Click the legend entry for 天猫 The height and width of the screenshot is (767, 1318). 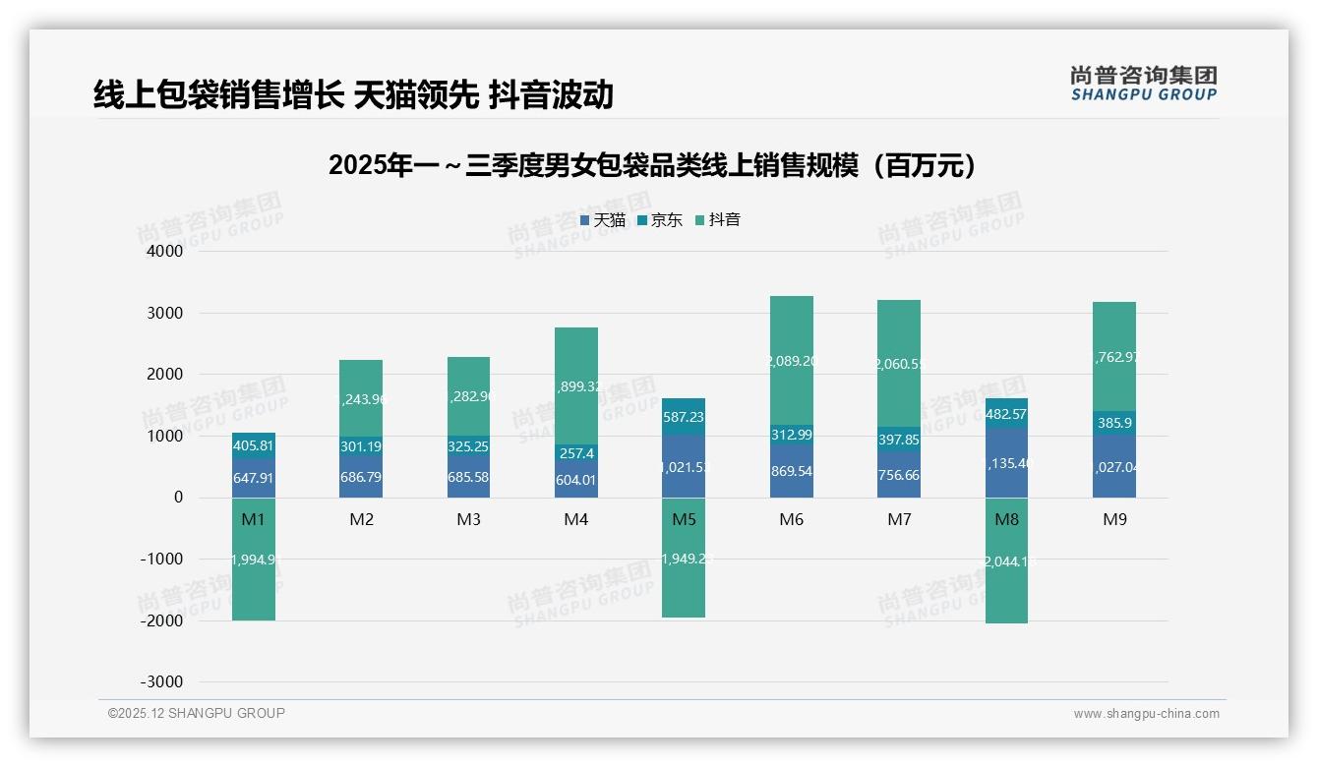click(603, 220)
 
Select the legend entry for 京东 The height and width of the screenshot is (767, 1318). click(660, 220)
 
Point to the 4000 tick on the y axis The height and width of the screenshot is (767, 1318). click(165, 252)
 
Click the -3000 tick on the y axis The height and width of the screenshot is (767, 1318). click(161, 682)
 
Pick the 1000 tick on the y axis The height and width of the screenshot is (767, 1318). click(165, 437)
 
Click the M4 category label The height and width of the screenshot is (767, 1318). click(575, 519)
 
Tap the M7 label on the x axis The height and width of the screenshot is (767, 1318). click(899, 519)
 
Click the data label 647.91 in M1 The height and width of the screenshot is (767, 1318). click(254, 479)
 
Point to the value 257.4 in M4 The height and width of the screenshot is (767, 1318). click(575, 454)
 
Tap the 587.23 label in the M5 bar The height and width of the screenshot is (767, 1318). click(684, 417)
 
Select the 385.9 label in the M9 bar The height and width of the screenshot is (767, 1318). click(1113, 423)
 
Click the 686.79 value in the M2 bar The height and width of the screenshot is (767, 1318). click(361, 478)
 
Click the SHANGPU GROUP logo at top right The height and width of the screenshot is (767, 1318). click(1144, 84)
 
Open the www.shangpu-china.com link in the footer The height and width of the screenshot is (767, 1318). click(1146, 714)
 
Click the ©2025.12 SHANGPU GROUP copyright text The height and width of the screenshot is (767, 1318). click(197, 713)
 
